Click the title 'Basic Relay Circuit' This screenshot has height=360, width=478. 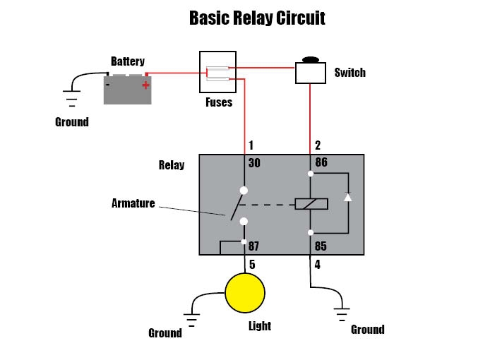pos(257,18)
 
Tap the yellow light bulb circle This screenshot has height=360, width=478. pos(245,292)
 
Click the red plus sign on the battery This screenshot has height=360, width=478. pos(145,85)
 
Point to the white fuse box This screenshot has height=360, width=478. pos(217,71)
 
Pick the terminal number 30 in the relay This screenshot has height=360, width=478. pos(254,163)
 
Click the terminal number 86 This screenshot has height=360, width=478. pos(321,163)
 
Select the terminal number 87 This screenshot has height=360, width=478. pos(254,246)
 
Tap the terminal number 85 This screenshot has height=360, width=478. pos(321,246)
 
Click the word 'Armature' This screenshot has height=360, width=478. pos(133,203)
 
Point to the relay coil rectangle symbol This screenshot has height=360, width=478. pos(311,204)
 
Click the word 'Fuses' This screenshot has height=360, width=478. pos(218,102)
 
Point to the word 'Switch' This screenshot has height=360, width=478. pos(349,73)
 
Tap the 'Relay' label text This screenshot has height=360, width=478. pos(172,165)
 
